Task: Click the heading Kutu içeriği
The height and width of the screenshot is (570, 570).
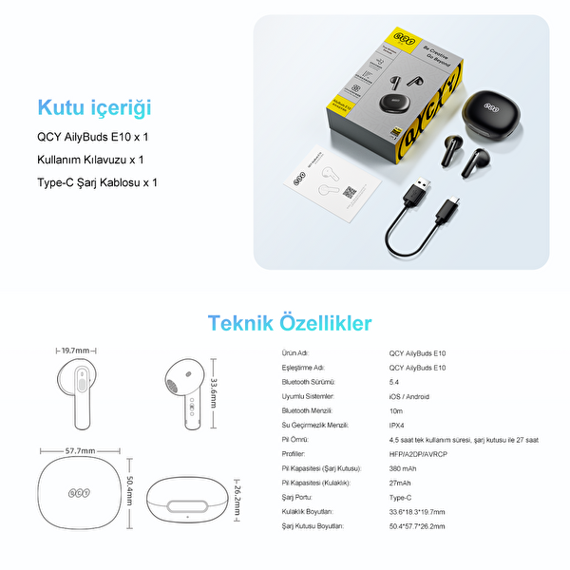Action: pos(94,107)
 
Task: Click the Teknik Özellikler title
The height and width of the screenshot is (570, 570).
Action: pos(290,323)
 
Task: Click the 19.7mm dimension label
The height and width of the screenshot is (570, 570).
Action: pos(77,350)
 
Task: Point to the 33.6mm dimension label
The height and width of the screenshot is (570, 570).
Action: pos(214,389)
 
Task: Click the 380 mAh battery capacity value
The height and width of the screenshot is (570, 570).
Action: pos(404,468)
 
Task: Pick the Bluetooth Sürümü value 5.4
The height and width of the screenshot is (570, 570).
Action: pos(393,382)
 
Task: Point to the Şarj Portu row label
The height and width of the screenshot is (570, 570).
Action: pos(299,497)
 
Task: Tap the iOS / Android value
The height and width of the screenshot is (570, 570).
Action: pos(410,396)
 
